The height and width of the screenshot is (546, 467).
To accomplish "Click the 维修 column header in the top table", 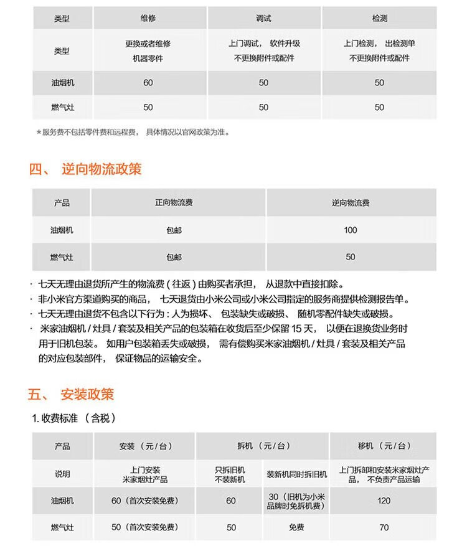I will pos(148,19).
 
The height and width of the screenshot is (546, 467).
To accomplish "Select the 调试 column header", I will pos(263,19).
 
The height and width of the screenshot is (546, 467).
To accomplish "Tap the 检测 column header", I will pos(379,19).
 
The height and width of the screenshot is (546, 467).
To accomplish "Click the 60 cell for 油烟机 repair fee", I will pos(148,83).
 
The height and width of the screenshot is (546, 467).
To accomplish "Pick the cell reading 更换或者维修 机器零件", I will pos(148,51).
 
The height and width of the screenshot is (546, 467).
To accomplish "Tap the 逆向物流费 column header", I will pos(351,203).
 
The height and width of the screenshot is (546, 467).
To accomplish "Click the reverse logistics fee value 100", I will pos(351,230).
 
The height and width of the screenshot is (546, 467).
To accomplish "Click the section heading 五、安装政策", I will pos(71,395).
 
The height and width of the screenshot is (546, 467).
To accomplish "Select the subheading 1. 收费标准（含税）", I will pos(74,418).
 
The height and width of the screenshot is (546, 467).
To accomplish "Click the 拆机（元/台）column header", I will pos(263,446).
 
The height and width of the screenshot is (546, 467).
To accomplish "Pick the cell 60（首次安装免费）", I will pos(144,501).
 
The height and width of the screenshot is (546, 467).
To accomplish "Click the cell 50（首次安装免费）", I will pos(144,527).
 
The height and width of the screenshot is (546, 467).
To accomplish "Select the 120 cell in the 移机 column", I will pos(384,501).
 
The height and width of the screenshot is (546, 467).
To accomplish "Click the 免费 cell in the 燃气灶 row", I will pos(296,527).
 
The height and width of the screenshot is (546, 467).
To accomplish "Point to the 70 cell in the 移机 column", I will pos(384,527).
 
